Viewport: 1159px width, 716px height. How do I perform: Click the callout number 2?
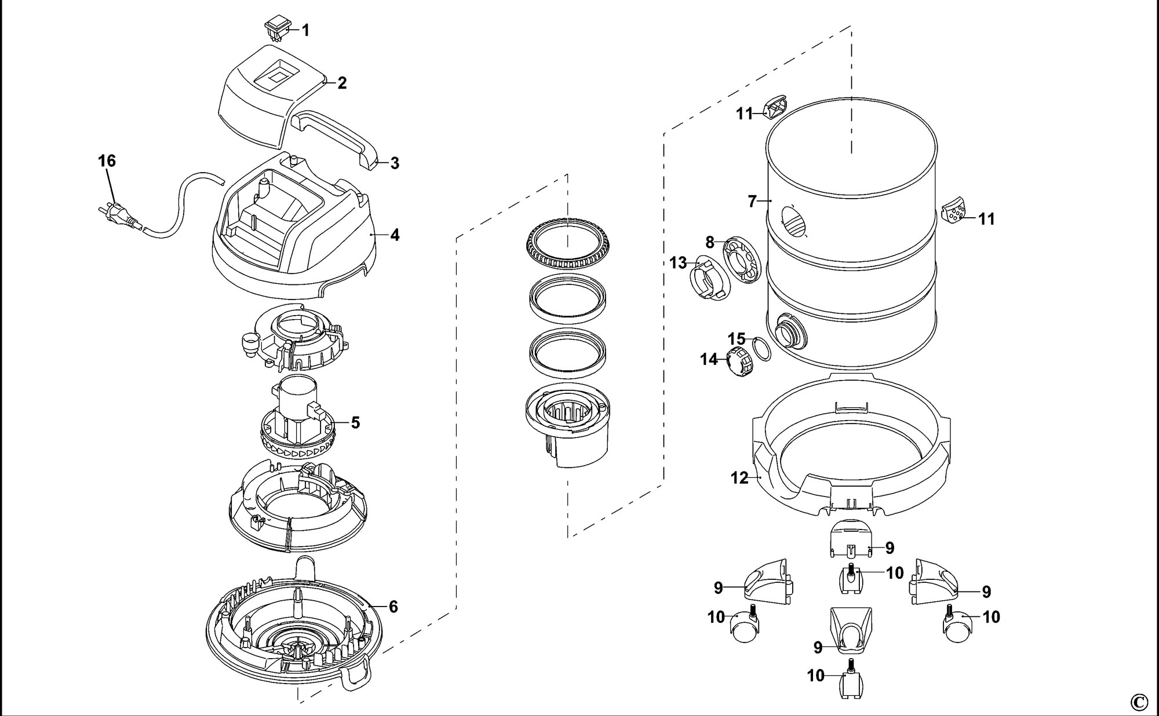tap(342, 83)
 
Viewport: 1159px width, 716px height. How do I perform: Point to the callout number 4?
tap(395, 235)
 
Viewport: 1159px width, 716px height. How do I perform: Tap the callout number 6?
tap(393, 607)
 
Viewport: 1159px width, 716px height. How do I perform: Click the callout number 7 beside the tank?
tap(752, 202)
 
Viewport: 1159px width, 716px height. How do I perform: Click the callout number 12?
tap(739, 478)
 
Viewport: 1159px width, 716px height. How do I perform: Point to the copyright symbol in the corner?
tap(1139, 702)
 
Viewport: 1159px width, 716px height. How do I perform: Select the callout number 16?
tap(107, 160)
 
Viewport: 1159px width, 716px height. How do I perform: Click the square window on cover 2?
tap(279, 74)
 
